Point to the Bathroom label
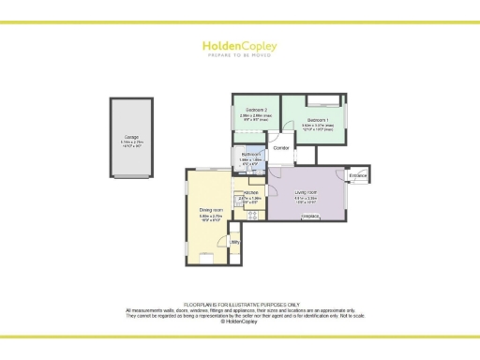248,155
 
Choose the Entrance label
358,175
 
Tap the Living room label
307,192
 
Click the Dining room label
211,210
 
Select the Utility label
235,243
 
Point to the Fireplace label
310,217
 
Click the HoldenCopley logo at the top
239,44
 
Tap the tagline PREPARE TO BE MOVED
239,54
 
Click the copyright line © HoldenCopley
240,321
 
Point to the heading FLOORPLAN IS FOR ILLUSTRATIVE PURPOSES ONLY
240,305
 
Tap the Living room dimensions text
307,199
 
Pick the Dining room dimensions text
211,217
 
